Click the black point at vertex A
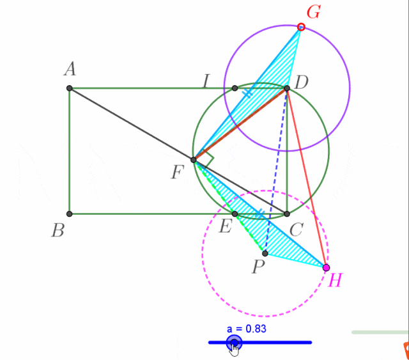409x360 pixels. tap(70, 88)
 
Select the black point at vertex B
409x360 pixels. tap(70, 214)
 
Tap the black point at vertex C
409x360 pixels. tap(287, 214)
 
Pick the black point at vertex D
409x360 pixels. tap(287, 88)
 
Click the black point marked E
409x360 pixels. tap(235, 214)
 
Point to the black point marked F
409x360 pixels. tap(194, 160)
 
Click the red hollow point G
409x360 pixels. tap(301, 27)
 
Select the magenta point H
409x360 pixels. tap(326, 267)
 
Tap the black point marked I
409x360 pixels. tap(235, 88)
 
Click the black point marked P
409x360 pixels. tap(265, 253)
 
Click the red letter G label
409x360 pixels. tap(314, 12)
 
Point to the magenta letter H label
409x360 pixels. tap(335, 280)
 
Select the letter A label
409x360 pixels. tap(70, 69)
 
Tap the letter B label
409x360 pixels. tap(58, 231)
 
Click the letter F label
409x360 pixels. tap(178, 172)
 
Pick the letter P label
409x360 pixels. tap(258, 267)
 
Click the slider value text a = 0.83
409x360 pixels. tap(247, 329)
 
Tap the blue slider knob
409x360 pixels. tap(235, 343)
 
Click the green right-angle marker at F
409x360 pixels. tap(208, 158)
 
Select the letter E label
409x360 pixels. tap(226, 226)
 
